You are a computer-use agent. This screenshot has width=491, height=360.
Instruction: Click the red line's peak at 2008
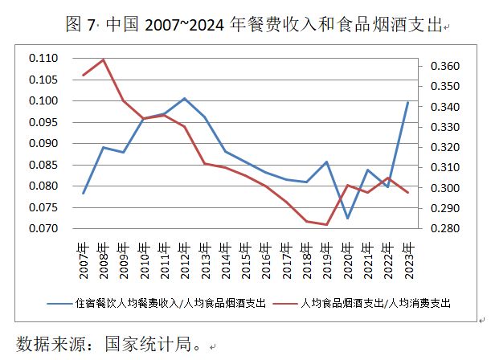(x=104, y=59)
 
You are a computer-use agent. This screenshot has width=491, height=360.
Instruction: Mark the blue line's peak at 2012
(x=185, y=98)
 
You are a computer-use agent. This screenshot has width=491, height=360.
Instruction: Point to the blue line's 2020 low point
(x=347, y=218)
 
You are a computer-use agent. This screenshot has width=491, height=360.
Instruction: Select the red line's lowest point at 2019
(x=327, y=224)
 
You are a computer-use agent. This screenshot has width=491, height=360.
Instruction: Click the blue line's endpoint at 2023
(x=408, y=102)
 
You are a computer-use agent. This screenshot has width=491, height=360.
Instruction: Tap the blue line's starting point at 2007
(x=84, y=193)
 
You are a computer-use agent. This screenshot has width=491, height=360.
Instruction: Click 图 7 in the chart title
(x=79, y=25)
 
